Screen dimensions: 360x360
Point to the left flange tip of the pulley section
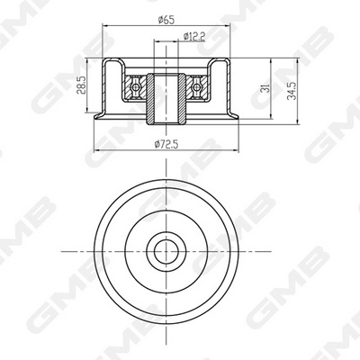pyautogui.click(x=94, y=117)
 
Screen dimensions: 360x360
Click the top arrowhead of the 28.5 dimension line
pyautogui.click(x=88, y=63)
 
